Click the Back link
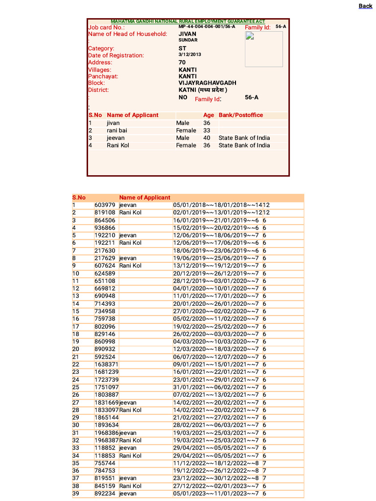(x=365, y=6)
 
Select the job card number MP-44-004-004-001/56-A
(x=207, y=26)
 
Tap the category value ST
(x=183, y=48)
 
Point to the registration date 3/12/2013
(x=190, y=55)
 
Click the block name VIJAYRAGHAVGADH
(x=207, y=83)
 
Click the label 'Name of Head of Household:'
(x=127, y=34)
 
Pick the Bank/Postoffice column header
(x=240, y=115)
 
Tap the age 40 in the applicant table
(x=207, y=138)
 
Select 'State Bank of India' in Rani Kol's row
(x=244, y=145)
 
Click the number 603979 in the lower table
(x=105, y=205)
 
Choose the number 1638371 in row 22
(x=106, y=364)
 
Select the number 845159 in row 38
(x=105, y=486)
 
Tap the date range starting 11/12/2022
(x=216, y=463)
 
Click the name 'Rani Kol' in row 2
(x=130, y=212)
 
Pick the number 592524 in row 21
(x=105, y=357)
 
